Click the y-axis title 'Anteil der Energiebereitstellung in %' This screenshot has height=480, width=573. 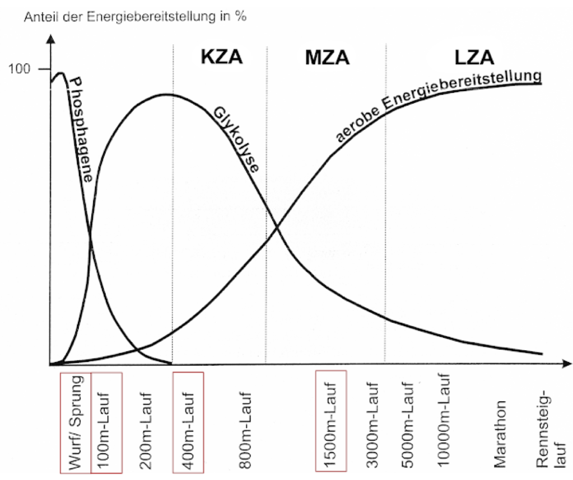pos(135,16)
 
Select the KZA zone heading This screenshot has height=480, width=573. pos(221,57)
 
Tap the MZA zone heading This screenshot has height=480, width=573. pos(327,57)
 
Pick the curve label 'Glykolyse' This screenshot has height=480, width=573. pos(235,140)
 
